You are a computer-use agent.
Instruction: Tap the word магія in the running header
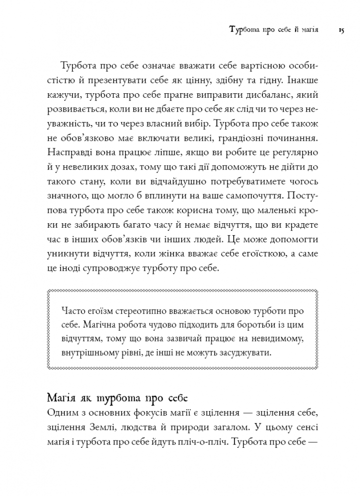tap(305, 31)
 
